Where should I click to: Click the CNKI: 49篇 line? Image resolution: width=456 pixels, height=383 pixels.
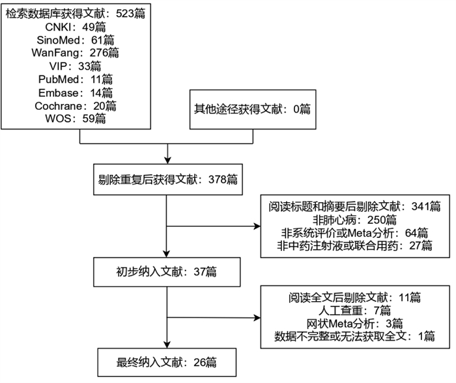tap(76, 27)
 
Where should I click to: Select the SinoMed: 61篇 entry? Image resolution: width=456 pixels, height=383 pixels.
tap(76, 40)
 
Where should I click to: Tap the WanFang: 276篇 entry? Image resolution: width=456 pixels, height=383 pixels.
tap(76, 53)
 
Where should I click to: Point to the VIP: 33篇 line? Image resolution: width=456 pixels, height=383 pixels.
tap(76, 66)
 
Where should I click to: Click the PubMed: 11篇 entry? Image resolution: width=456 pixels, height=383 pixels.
tap(76, 79)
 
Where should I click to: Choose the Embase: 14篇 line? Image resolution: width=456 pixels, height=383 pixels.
tap(76, 93)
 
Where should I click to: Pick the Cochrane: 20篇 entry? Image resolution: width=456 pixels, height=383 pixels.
tap(76, 106)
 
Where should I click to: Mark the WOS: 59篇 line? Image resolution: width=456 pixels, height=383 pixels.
tap(76, 118)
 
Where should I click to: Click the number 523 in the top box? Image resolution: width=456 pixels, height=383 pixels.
tap(125, 14)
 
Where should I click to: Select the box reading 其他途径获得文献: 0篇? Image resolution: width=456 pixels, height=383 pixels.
tap(253, 109)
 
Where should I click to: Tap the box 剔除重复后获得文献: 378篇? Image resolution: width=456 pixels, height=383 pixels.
tap(168, 179)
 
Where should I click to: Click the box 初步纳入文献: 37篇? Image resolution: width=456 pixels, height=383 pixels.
tap(167, 272)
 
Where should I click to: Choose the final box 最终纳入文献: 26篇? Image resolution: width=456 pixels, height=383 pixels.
tap(167, 362)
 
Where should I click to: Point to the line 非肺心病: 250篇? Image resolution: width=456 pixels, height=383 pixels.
tap(354, 220)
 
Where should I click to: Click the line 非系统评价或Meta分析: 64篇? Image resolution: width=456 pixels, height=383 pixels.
tap(354, 233)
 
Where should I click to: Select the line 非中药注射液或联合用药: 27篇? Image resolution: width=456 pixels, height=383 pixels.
tap(354, 246)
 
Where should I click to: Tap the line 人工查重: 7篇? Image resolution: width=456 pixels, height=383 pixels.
tap(354, 311)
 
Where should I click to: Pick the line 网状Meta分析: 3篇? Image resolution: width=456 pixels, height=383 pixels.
tap(354, 323)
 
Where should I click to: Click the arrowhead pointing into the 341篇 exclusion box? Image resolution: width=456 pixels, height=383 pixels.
tap(257, 226)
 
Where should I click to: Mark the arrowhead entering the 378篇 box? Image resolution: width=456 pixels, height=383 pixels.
tap(167, 160)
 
